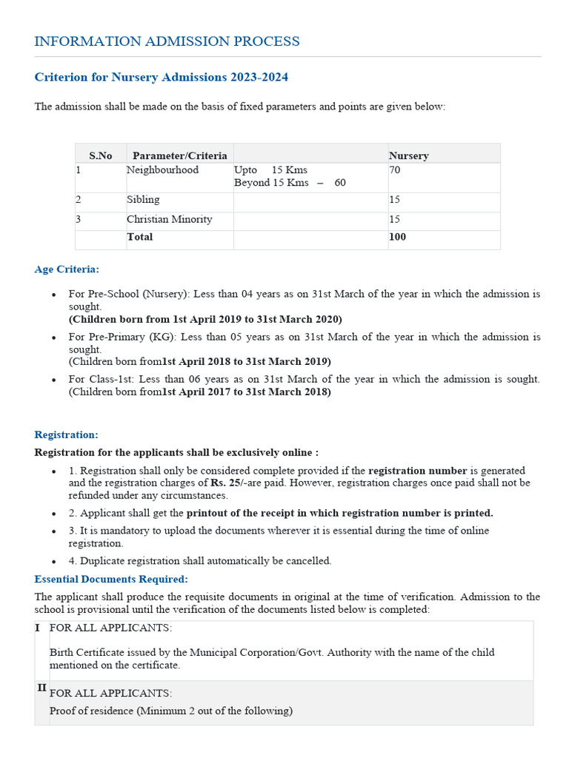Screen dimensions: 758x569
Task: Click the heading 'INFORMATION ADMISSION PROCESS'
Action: [167, 41]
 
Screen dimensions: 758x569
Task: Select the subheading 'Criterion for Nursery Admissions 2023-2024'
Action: [162, 78]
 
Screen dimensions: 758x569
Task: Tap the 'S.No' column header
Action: [100, 155]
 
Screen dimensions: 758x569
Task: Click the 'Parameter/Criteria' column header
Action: [179, 155]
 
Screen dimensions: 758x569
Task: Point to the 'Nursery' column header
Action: [408, 155]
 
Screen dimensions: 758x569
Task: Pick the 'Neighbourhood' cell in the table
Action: [162, 170]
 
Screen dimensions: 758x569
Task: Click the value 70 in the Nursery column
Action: [395, 170]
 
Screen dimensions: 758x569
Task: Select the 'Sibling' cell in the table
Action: [143, 200]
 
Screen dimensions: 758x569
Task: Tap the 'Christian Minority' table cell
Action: [169, 219]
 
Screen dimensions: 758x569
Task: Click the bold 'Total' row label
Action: [139, 237]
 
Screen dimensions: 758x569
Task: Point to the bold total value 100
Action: [397, 237]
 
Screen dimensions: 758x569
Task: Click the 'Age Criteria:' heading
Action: [67, 269]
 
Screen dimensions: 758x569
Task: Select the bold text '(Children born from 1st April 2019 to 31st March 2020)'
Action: [205, 319]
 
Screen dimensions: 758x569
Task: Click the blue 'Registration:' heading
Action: [66, 435]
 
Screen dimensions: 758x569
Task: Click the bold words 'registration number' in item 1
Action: [417, 471]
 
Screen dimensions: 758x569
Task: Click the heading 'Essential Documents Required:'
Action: [111, 579]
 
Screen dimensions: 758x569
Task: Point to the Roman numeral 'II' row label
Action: [42, 688]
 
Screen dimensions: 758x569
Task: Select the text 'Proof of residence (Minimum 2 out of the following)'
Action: [170, 711]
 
